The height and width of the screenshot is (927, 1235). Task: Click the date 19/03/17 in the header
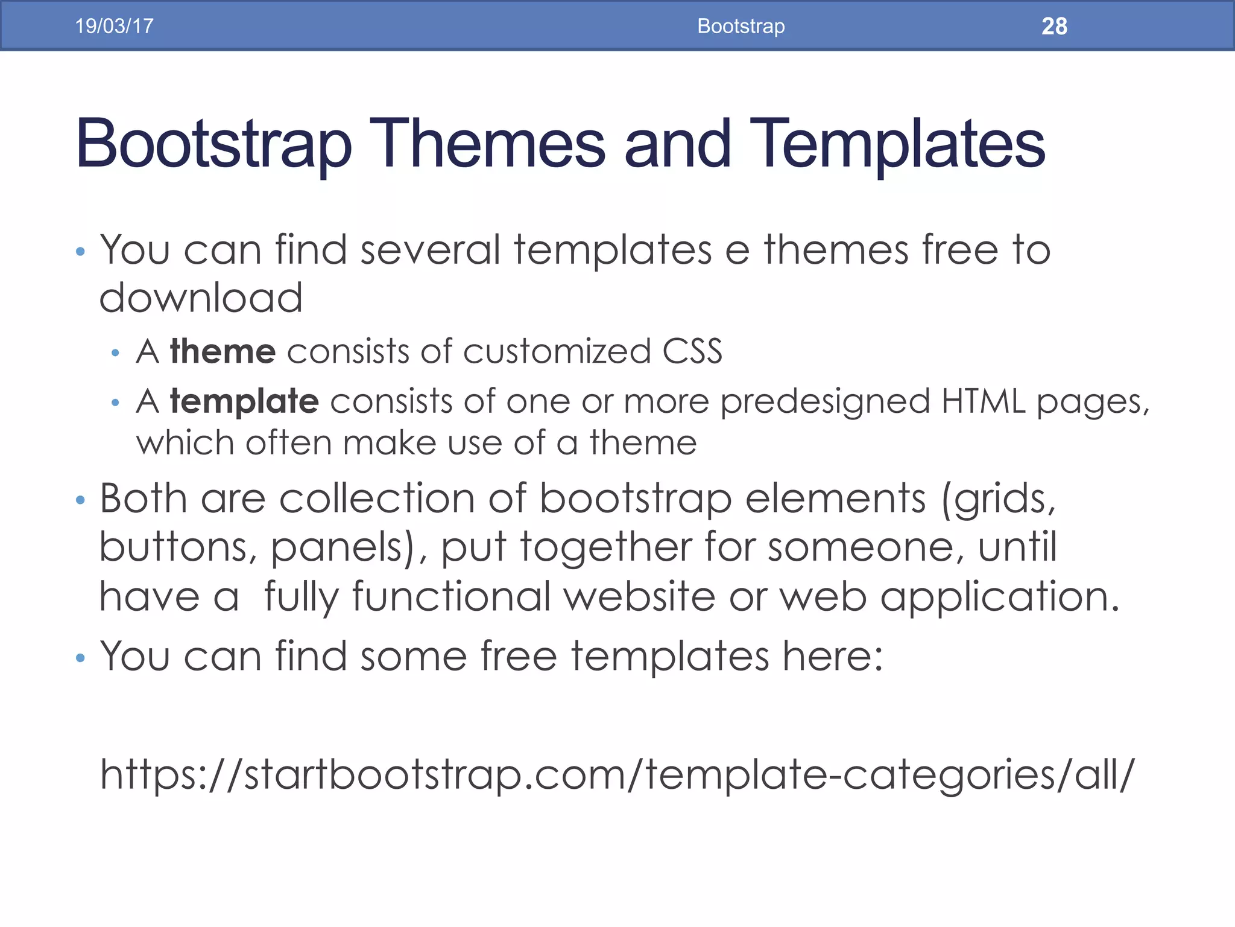point(114,26)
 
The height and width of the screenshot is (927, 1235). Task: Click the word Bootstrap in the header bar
point(741,26)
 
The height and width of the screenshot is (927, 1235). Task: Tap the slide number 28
point(1054,27)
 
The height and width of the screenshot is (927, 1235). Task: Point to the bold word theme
point(223,351)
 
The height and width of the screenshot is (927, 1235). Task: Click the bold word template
point(244,401)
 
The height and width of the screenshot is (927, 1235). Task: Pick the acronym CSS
point(692,351)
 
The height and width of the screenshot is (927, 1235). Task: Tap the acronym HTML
point(983,401)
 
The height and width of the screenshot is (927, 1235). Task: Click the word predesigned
point(825,402)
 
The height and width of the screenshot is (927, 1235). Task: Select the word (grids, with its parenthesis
point(999,500)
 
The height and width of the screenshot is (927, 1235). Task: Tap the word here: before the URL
point(832,656)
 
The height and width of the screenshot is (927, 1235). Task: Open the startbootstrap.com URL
point(616,774)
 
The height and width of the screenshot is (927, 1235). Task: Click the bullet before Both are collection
point(81,500)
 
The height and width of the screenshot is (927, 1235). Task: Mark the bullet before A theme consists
point(115,353)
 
